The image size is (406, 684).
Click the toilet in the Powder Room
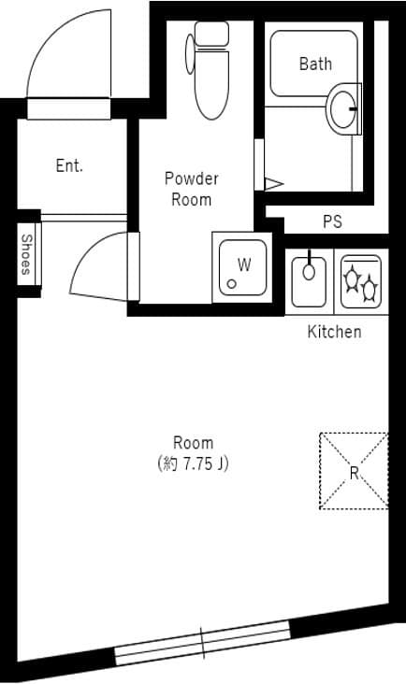[209, 70]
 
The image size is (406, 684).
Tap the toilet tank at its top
[211, 34]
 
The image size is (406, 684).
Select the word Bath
[315, 64]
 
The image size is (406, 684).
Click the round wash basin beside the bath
[343, 108]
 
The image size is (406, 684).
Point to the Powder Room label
[191, 189]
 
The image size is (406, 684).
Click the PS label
[332, 221]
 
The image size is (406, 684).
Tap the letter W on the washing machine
[244, 264]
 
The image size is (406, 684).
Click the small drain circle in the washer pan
[232, 284]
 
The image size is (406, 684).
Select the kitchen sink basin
[309, 281]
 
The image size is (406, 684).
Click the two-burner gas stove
[361, 281]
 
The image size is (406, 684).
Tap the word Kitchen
[334, 332]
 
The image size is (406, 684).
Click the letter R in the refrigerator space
[354, 473]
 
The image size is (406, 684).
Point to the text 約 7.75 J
[193, 463]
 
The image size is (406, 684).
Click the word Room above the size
[193, 443]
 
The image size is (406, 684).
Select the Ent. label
[69, 165]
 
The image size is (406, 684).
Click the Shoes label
[27, 255]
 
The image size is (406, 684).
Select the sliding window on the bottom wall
[203, 643]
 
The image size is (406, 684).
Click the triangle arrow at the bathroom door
[273, 184]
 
